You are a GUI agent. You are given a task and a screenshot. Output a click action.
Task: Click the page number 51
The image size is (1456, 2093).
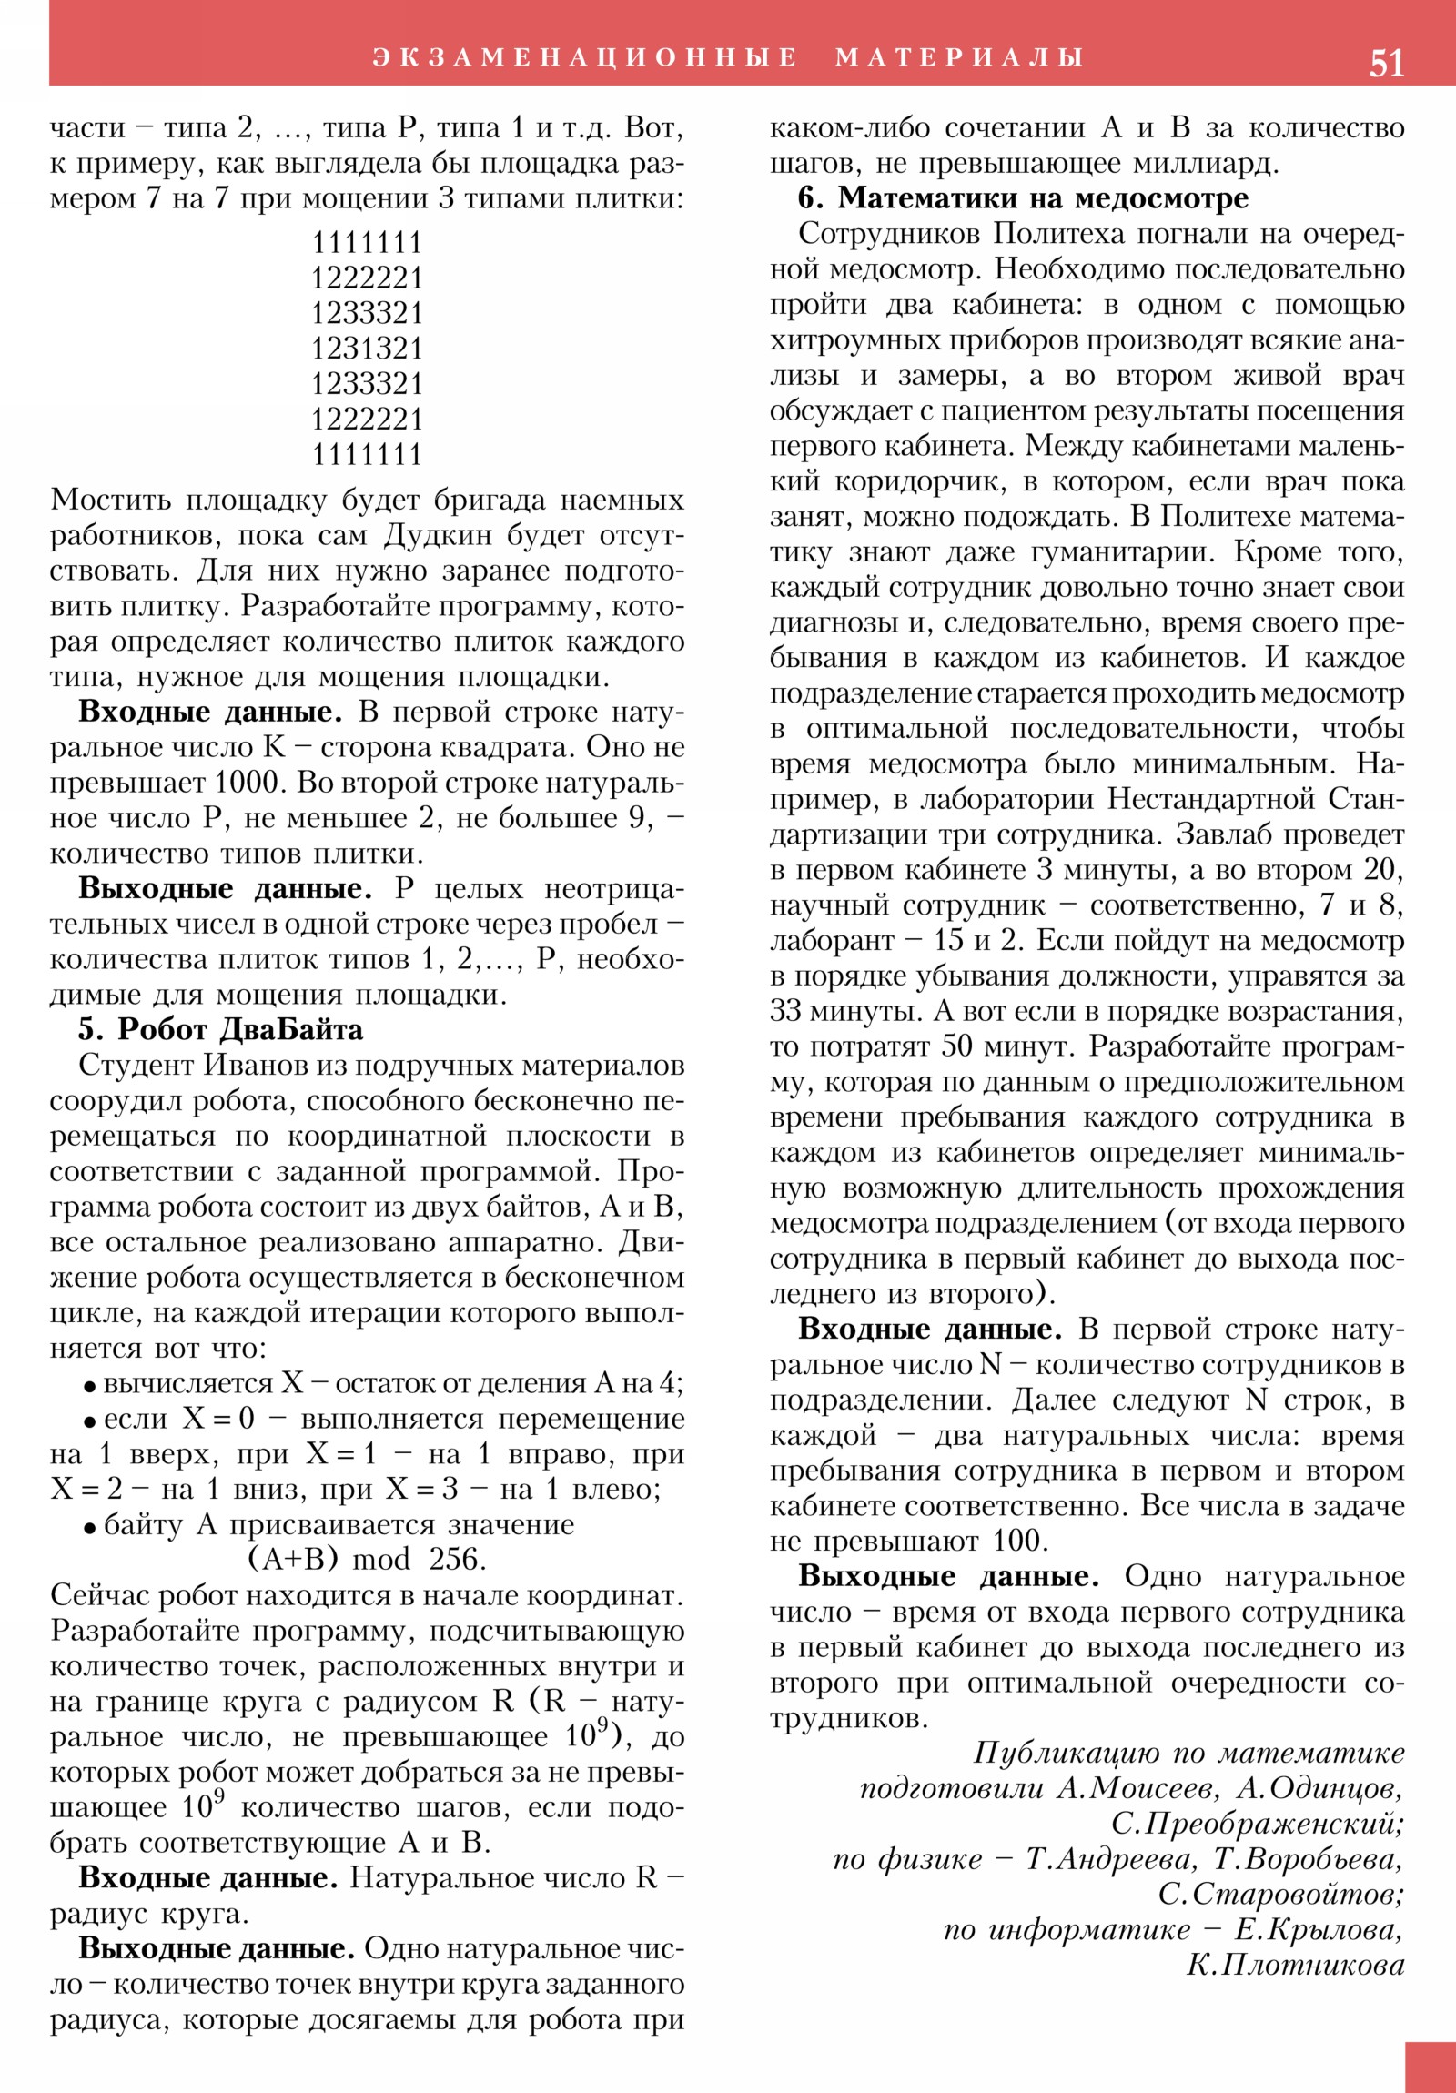pos(1386,62)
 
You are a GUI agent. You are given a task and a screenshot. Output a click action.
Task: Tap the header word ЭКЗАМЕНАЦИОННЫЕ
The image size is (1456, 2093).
pos(584,57)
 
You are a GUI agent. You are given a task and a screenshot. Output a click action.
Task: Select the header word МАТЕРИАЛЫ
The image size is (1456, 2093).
pos(959,57)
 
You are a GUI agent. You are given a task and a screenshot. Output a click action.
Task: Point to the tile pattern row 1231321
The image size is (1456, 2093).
pos(368,349)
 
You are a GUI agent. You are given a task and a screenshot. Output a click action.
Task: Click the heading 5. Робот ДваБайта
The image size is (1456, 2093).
pos(220,1030)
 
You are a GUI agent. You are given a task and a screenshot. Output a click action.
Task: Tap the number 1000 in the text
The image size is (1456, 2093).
pos(248,782)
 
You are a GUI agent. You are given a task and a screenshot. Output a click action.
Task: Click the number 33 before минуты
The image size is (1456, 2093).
pos(786,1012)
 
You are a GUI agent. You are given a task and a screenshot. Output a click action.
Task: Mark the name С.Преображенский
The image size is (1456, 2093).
pos(1258,1823)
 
